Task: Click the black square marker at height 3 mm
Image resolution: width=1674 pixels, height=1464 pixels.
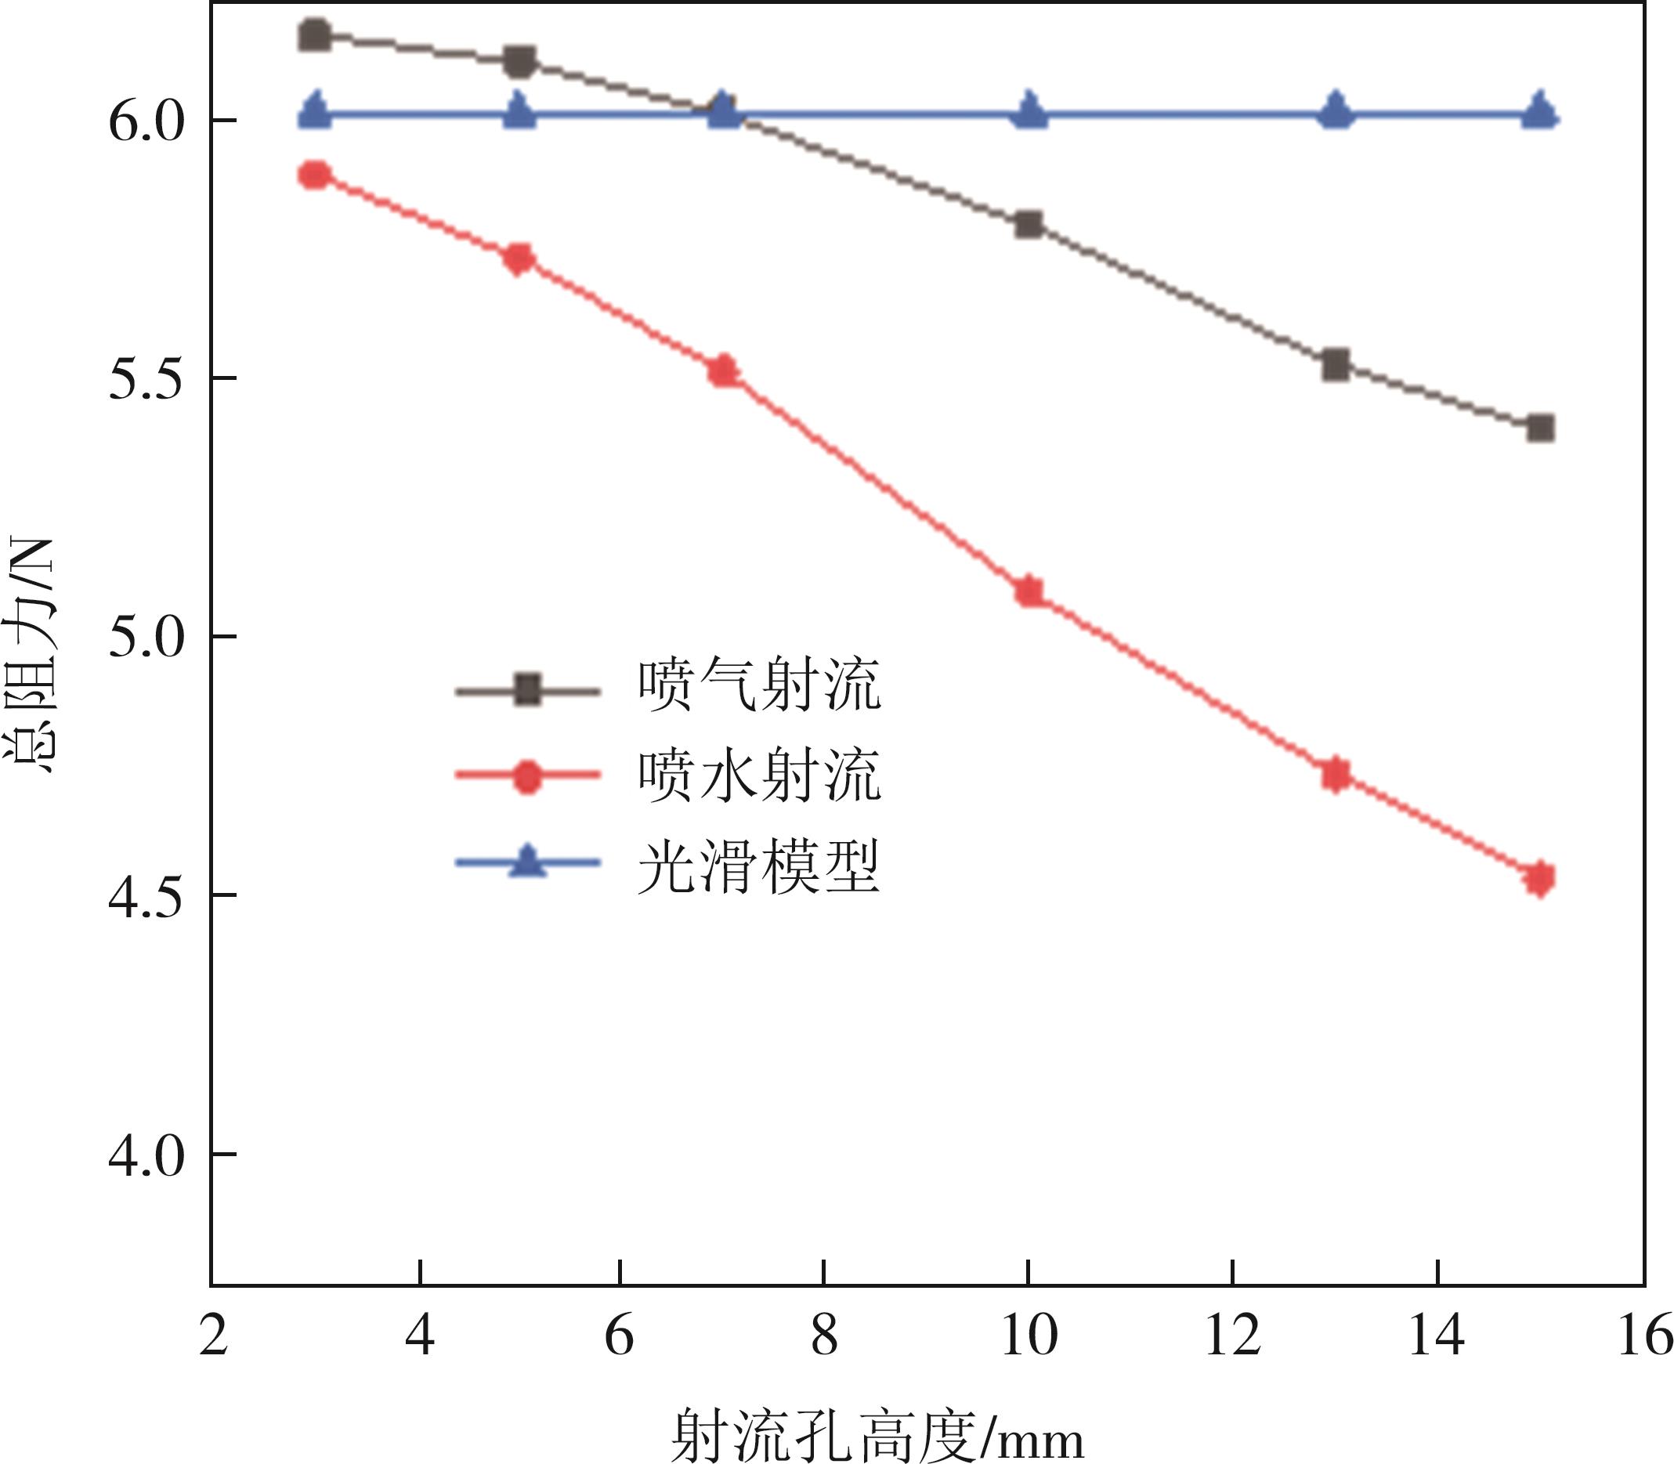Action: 315,36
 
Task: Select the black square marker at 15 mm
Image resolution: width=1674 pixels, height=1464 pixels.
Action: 1540,428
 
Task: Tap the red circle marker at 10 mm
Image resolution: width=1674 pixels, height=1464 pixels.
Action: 1029,591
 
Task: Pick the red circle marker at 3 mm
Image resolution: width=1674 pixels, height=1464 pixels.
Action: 315,175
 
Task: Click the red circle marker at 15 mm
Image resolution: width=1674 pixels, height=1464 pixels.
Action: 1540,878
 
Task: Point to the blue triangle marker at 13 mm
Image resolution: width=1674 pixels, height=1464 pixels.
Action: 1336,111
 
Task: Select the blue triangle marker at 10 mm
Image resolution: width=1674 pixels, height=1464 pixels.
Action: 1029,111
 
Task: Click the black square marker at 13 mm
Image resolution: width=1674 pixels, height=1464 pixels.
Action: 1336,364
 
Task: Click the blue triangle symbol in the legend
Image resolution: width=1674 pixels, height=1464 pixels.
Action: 528,862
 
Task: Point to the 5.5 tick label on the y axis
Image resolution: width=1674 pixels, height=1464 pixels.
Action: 145,378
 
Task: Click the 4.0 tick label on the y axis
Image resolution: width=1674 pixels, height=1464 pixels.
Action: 145,1155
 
